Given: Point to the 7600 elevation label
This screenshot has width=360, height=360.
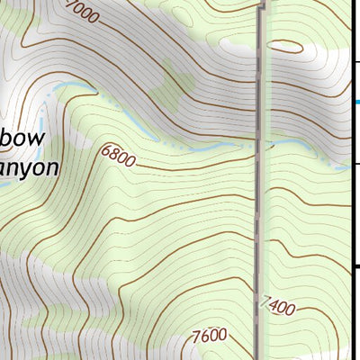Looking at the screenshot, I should point(209,336).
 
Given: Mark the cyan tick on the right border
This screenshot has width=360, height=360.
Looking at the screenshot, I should point(356,102).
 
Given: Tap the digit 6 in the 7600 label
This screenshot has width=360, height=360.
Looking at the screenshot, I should point(206,336).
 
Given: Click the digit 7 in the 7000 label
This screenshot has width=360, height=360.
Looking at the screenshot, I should point(69,8).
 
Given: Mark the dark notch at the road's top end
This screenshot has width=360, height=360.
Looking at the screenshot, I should point(264,4).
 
